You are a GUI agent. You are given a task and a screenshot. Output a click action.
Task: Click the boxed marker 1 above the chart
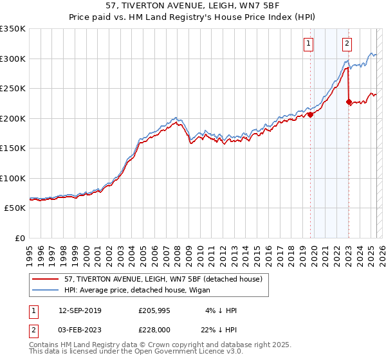click(x=309, y=44)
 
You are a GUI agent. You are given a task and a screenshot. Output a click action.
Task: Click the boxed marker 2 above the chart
click(x=347, y=44)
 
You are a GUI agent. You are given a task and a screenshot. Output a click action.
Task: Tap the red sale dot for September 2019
click(x=310, y=115)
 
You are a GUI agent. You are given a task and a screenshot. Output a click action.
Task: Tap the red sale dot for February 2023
click(x=349, y=102)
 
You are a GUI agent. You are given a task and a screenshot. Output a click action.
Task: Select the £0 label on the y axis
click(x=19, y=238)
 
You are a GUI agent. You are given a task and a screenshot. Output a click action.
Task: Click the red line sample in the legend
click(x=46, y=279)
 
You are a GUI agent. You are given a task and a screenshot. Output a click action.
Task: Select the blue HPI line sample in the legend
click(x=46, y=290)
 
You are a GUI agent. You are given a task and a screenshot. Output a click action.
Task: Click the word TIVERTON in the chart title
click(x=167, y=6)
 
